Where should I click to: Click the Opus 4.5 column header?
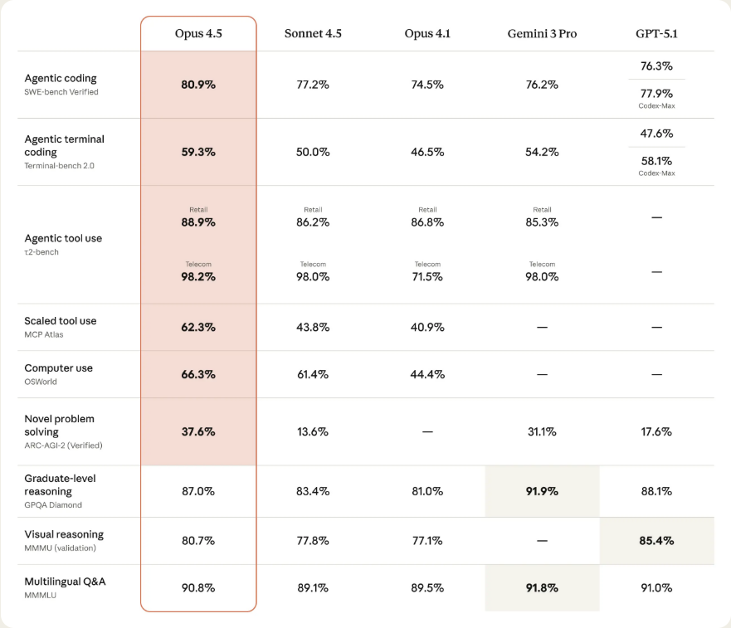click(198, 33)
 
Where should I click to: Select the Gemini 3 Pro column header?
click(542, 33)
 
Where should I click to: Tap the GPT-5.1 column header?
click(656, 33)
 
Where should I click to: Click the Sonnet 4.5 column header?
click(313, 33)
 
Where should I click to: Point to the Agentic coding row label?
click(61, 79)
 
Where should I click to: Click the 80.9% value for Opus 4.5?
click(198, 85)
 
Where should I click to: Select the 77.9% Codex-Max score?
click(656, 94)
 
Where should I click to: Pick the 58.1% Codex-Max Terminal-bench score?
click(656, 161)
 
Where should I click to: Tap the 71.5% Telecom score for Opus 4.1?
click(427, 277)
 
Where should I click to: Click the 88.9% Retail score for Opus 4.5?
click(198, 222)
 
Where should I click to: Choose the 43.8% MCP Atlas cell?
click(313, 327)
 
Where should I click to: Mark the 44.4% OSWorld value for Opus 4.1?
click(427, 374)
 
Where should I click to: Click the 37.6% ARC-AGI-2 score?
click(198, 431)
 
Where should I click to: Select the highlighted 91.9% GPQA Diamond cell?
click(542, 491)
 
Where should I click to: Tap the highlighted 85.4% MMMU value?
click(656, 541)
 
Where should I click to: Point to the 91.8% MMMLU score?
click(542, 588)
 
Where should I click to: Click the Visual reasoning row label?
click(64, 534)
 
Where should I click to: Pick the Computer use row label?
click(58, 368)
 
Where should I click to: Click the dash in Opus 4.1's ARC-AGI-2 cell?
click(427, 432)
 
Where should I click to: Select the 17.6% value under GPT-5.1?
click(656, 431)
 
